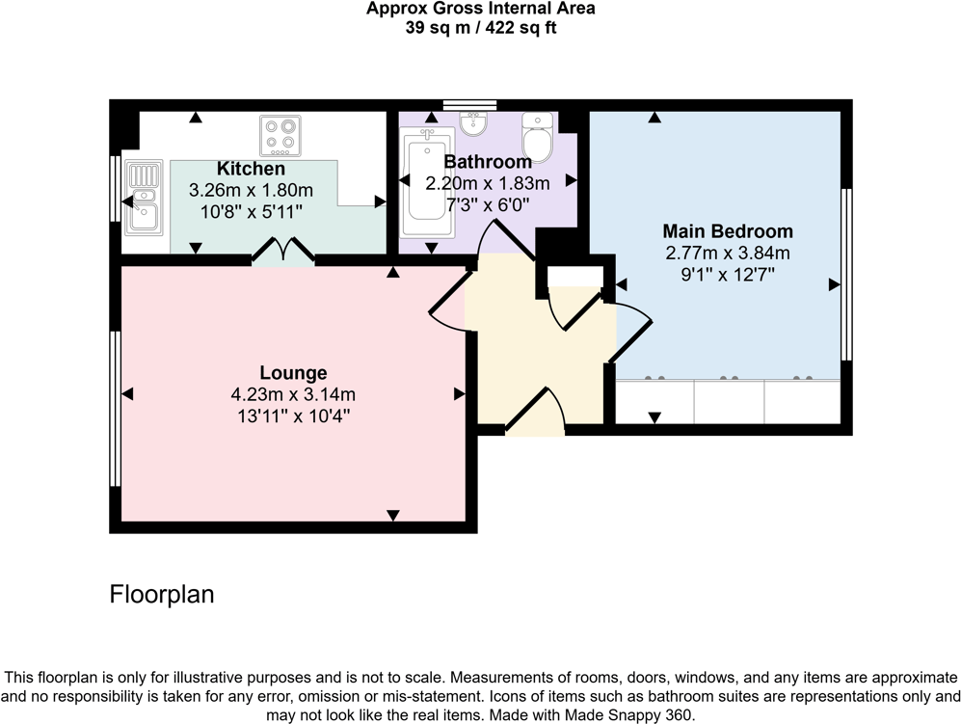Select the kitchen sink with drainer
141,200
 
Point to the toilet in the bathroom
536,136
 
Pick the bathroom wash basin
472,123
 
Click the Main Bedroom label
728,231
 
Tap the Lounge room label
293,373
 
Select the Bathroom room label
487,162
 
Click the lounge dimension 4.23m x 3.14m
293,394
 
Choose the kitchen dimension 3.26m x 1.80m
251,190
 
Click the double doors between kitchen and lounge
283,253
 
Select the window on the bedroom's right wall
847,274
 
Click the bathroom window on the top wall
469,104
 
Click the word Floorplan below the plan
162,594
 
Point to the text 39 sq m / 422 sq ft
480,27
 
